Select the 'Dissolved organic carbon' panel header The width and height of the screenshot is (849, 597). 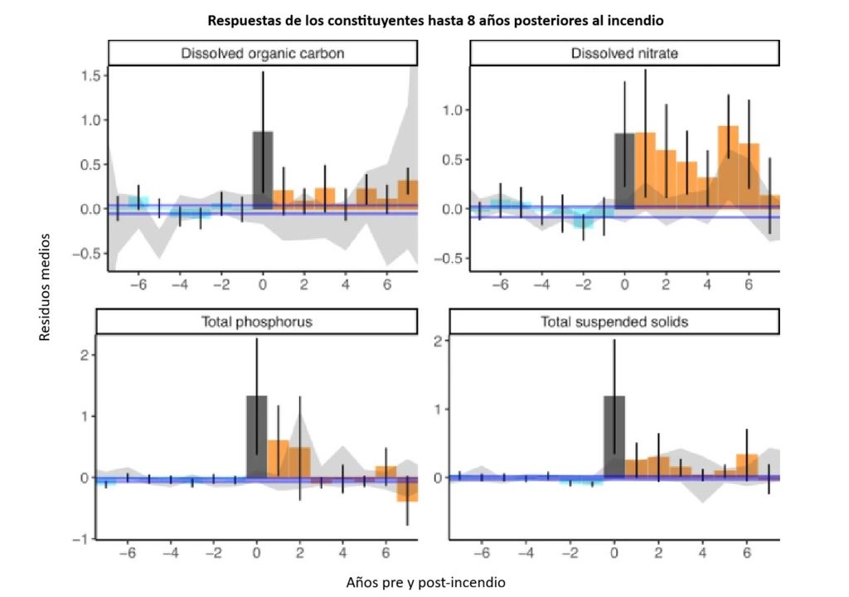[262, 53]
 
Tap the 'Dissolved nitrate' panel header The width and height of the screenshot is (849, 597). [624, 53]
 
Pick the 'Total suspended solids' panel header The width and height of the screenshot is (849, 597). [614, 322]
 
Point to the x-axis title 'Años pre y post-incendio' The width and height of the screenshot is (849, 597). [424, 582]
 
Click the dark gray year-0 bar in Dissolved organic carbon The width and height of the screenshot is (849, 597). [263, 170]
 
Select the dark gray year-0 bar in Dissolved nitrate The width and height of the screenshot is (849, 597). [624, 170]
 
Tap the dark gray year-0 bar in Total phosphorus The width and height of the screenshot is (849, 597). [256, 436]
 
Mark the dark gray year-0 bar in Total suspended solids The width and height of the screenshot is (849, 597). [614, 436]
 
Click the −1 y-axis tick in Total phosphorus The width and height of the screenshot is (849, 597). [80, 540]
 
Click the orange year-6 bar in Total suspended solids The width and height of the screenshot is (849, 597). [747, 465]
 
